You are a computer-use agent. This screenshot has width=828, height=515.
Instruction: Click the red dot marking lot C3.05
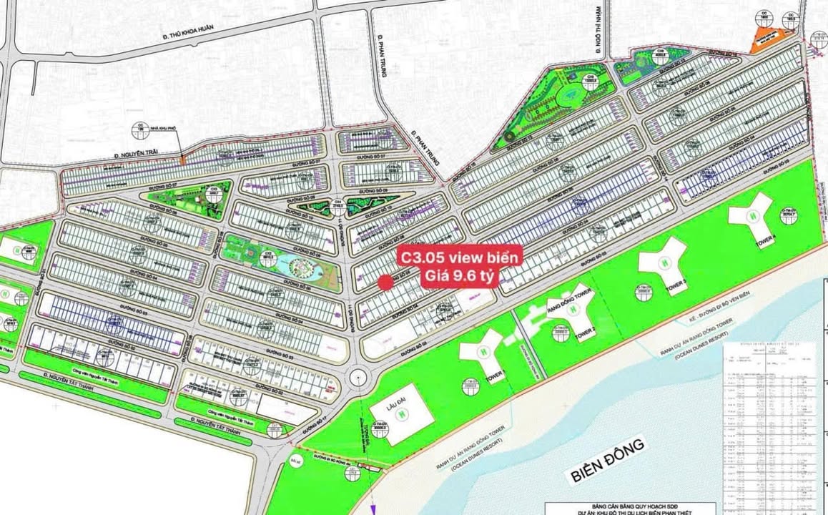tap(385, 283)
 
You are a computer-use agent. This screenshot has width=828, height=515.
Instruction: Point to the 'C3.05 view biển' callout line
tap(460, 256)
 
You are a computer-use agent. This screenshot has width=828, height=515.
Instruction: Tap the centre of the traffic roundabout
tap(360, 373)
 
